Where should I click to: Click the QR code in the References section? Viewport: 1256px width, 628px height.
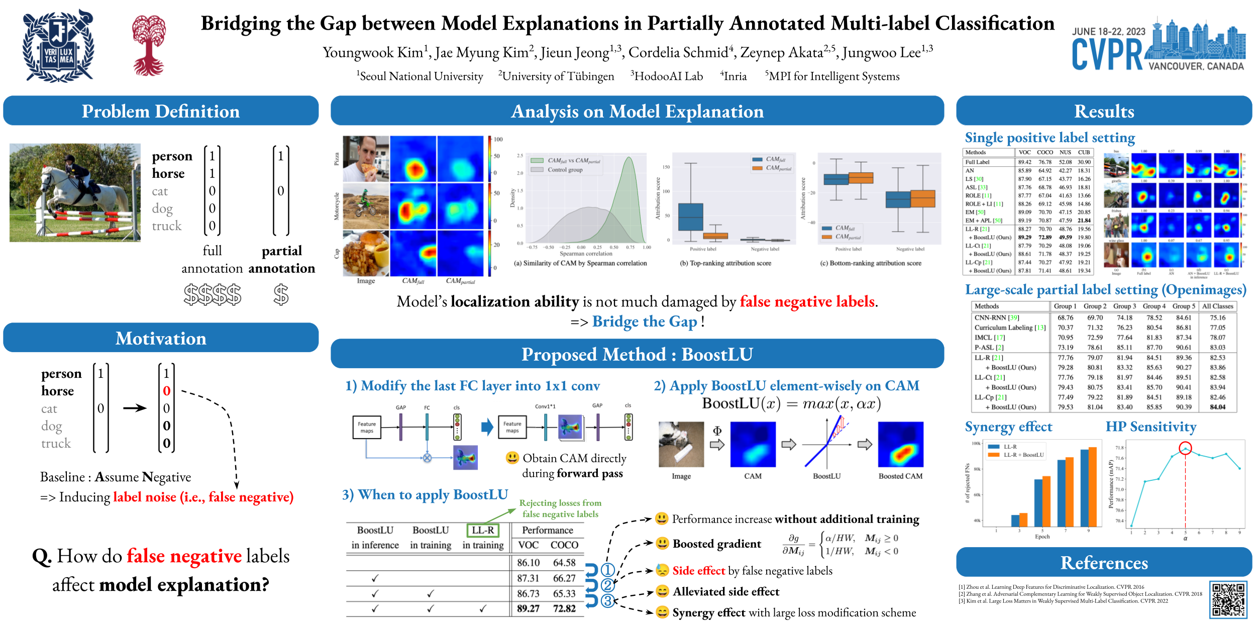1228,599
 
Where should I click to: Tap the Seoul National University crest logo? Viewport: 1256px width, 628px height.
58,47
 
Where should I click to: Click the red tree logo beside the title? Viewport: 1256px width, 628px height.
149,45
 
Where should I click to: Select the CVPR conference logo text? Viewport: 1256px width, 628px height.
1107,55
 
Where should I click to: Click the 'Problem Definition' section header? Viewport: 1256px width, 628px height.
161,111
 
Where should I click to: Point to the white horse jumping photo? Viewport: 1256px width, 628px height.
75,193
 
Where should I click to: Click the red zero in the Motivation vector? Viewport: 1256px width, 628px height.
167,391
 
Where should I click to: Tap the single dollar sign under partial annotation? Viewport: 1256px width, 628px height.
281,295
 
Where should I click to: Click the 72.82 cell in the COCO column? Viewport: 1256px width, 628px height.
564,608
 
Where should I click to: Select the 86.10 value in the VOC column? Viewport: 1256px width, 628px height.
528,563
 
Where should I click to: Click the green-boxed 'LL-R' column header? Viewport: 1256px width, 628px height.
483,530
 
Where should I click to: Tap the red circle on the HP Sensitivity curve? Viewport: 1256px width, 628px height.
1185,448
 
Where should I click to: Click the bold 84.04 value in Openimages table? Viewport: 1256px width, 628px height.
1217,407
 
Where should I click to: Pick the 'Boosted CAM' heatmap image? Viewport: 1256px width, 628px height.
900,445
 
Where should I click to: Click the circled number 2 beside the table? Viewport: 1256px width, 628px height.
608,585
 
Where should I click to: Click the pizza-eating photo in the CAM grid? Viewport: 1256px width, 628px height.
366,159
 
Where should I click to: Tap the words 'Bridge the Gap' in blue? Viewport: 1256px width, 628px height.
645,322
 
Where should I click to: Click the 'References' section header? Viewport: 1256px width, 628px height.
1104,563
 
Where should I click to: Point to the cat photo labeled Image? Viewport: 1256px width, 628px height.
681,445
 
